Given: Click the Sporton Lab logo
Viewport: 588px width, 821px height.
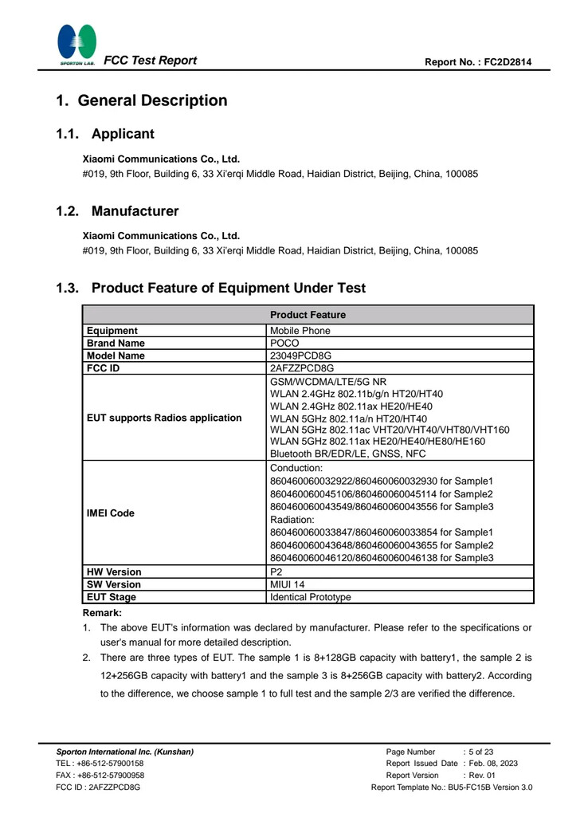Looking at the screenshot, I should coord(77,44).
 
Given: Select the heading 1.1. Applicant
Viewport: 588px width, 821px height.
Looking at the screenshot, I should coord(104,134).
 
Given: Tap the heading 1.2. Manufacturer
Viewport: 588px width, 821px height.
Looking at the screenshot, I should coord(116,212).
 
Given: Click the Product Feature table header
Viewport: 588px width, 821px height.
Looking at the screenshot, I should coord(307,314).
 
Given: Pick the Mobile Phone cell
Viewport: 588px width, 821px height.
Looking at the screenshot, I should coord(300,330).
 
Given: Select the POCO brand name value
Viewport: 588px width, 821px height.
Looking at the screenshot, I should coord(285,343).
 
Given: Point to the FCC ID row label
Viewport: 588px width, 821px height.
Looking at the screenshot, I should coord(103,368).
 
